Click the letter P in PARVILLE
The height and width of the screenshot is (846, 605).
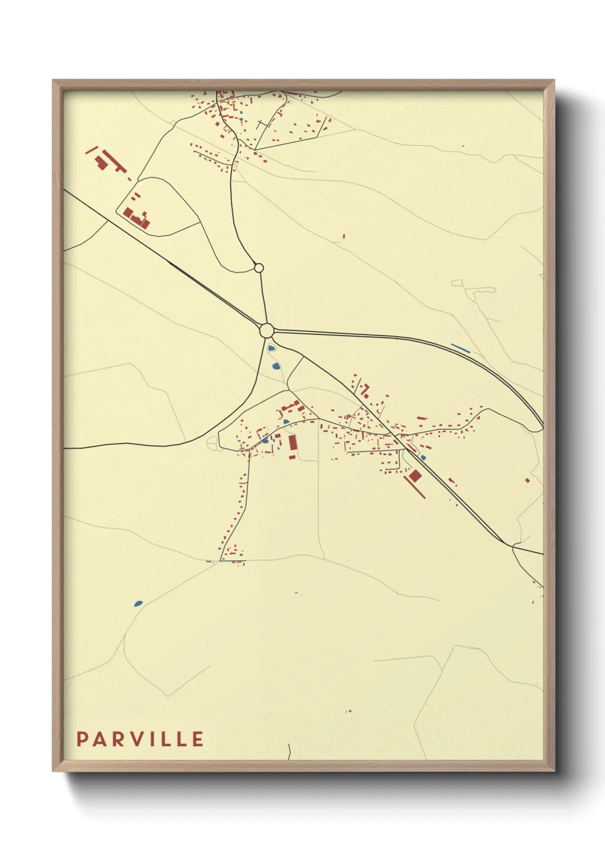click(x=82, y=739)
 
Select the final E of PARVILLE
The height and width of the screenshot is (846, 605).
click(x=198, y=739)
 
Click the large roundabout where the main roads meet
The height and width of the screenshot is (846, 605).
click(x=266, y=330)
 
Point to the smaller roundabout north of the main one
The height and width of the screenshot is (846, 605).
click(x=258, y=268)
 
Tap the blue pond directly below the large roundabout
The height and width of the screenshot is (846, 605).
click(x=270, y=348)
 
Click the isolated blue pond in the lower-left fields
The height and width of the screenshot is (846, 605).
click(x=138, y=603)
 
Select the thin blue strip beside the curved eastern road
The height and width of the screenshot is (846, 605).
click(x=460, y=348)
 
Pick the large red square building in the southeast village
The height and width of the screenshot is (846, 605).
click(x=415, y=476)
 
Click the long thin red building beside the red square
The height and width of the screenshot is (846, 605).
click(x=415, y=486)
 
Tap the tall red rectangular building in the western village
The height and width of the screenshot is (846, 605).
click(x=293, y=443)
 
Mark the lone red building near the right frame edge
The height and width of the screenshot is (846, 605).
click(x=527, y=480)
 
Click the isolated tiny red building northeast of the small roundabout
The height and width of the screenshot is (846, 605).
click(x=344, y=236)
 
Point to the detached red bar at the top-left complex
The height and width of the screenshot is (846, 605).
click(x=91, y=150)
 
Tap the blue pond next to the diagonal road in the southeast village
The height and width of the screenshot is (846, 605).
click(x=423, y=457)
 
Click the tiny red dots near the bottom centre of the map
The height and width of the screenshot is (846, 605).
click(x=348, y=711)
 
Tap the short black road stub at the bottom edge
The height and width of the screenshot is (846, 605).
click(x=290, y=752)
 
